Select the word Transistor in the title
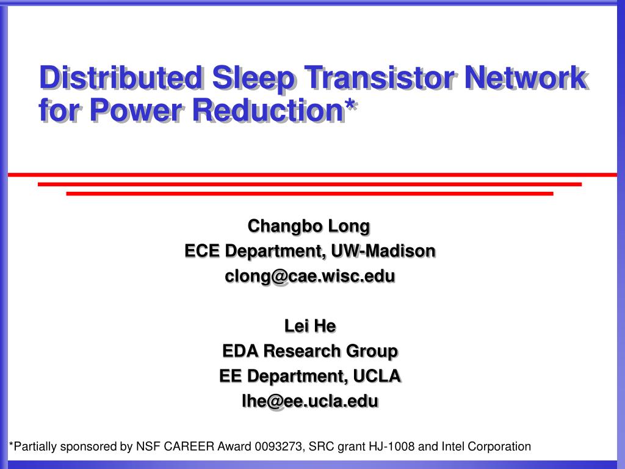point(380,78)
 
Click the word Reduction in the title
point(269,111)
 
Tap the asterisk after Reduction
point(350,104)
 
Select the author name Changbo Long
point(309,227)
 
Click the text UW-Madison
point(383,251)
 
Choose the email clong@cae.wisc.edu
point(310,277)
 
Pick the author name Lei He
point(310,326)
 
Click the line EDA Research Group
point(310,351)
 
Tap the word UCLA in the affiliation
point(377,376)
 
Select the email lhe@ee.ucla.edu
point(310,401)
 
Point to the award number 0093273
point(278,446)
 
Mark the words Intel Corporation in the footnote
point(486,446)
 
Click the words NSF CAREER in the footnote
point(175,446)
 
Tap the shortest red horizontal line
point(309,194)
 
